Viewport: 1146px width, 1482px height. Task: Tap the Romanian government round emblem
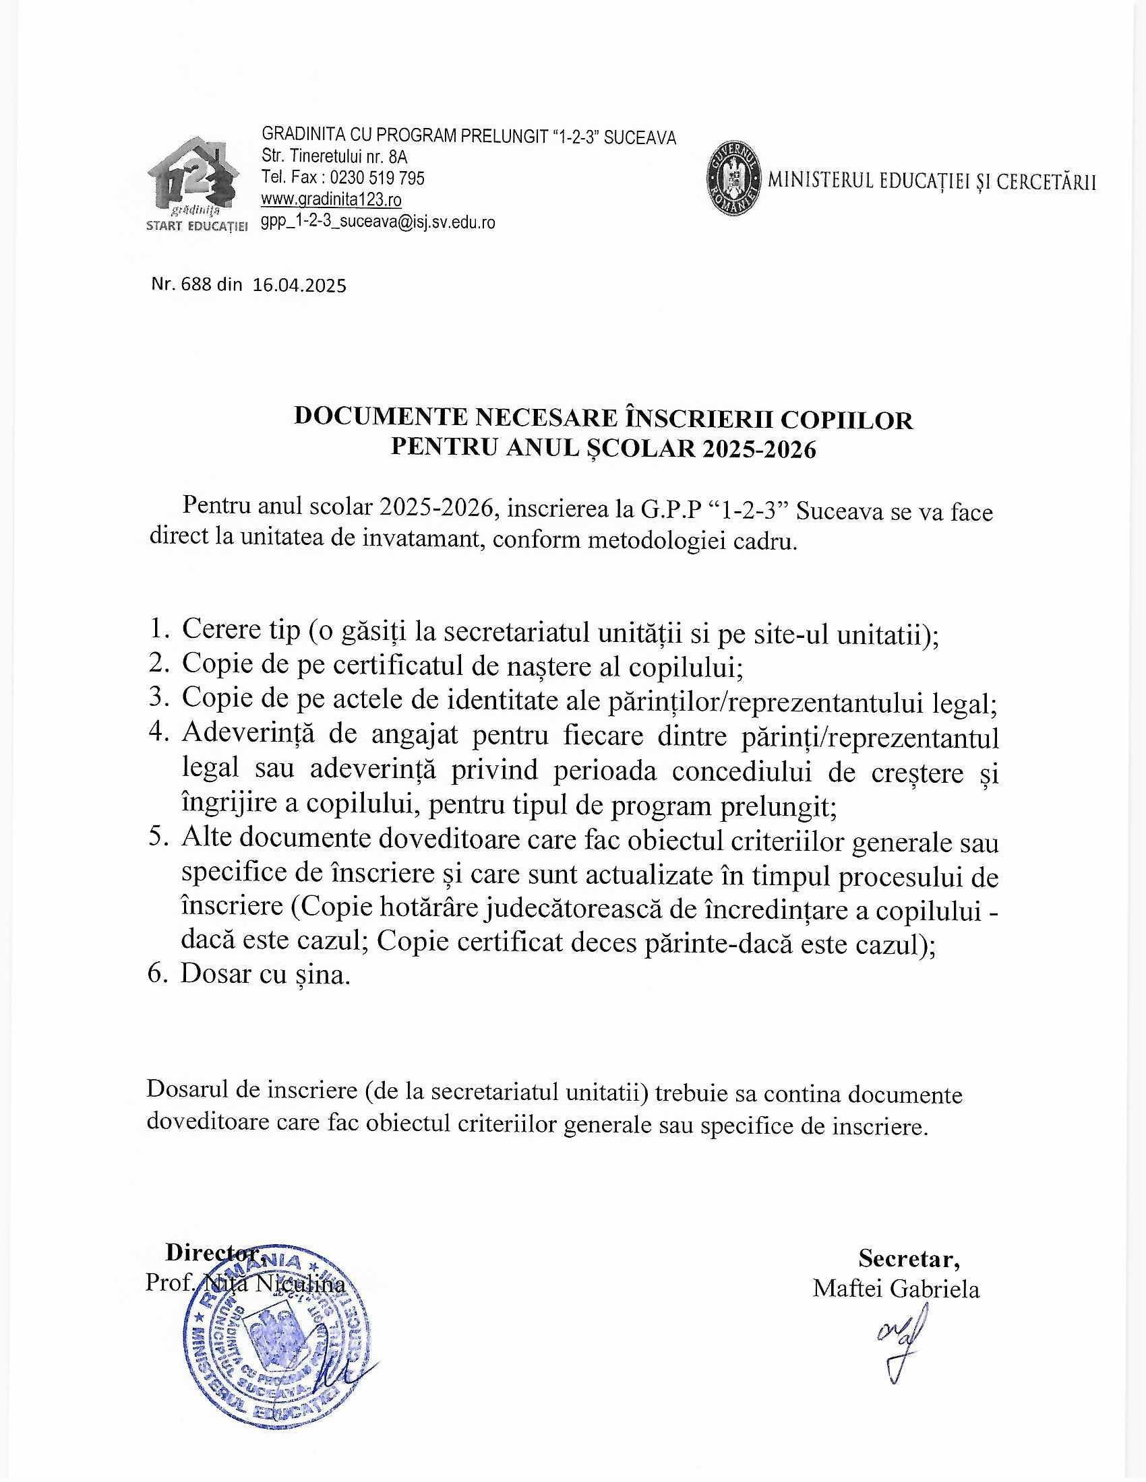(733, 181)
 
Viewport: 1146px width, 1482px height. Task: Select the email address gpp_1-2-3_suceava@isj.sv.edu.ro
(378, 222)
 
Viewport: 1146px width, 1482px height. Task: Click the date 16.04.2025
(299, 285)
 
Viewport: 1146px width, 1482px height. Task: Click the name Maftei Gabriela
(895, 1289)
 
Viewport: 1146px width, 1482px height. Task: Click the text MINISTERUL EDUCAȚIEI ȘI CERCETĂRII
(931, 181)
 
